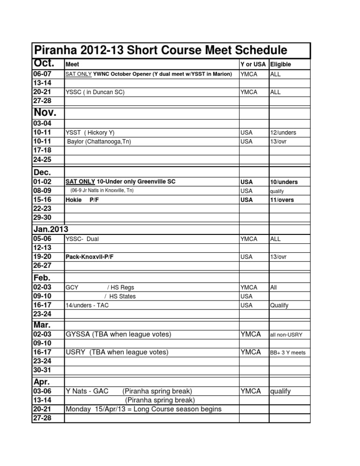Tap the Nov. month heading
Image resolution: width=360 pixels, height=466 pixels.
(x=45, y=112)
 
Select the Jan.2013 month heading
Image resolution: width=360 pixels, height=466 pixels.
(x=51, y=229)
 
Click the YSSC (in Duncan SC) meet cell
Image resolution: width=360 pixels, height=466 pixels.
(x=95, y=92)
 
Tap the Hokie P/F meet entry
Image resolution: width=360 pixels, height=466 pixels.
(x=82, y=200)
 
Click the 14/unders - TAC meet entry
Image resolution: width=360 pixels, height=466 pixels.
(x=90, y=305)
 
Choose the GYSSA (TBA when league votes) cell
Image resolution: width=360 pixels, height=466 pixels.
(x=118, y=334)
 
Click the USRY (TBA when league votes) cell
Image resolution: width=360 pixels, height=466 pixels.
(x=117, y=352)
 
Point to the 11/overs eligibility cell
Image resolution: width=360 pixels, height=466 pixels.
(x=284, y=200)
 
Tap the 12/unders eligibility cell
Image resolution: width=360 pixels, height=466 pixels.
(x=283, y=133)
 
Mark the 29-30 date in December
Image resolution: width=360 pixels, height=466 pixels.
(x=42, y=218)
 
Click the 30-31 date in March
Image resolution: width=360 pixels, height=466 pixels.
(x=42, y=370)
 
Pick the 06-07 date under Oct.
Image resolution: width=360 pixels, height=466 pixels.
(x=42, y=74)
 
